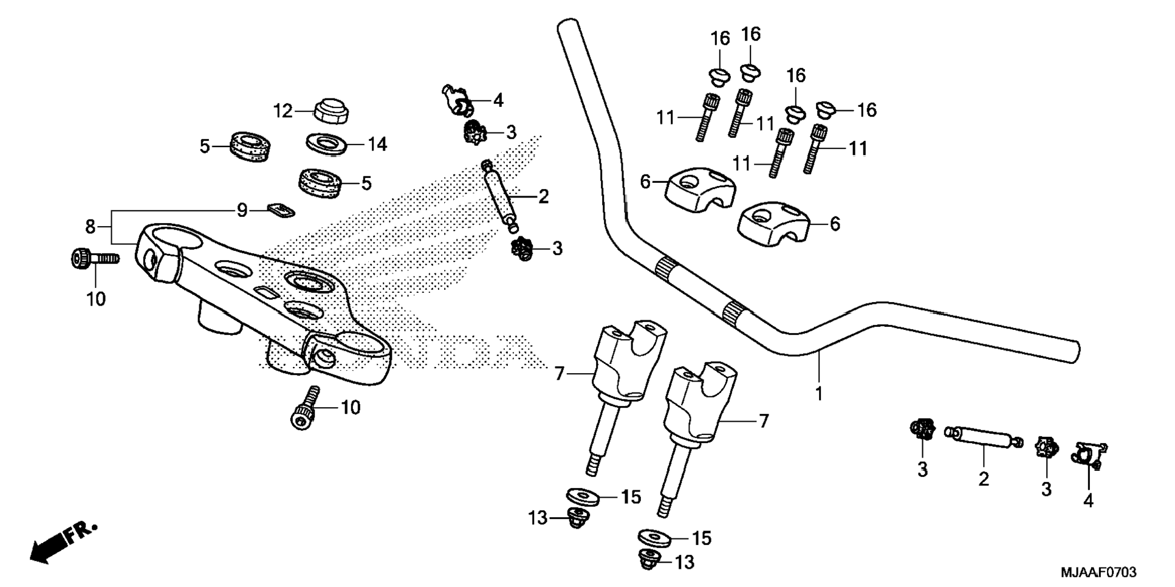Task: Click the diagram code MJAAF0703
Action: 1098,572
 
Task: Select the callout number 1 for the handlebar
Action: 818,394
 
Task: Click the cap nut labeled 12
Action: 331,110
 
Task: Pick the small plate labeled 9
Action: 281,210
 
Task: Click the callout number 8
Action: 90,227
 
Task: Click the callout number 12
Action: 283,111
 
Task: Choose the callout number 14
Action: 377,145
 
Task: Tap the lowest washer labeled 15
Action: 657,537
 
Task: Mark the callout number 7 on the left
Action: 560,373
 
